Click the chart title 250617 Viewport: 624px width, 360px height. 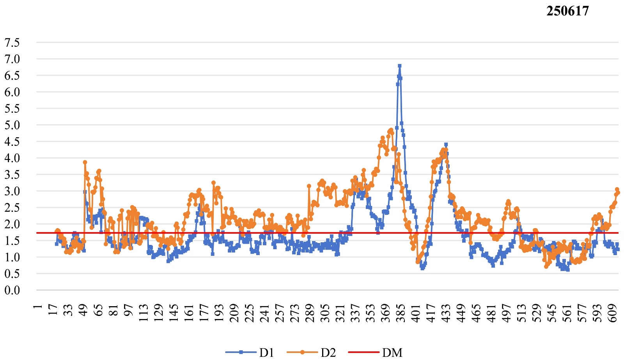567,11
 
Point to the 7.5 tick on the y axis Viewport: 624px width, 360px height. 12,43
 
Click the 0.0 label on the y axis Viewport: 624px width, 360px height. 12,290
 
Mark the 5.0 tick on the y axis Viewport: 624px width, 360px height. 12,125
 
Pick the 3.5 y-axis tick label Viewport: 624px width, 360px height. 12,175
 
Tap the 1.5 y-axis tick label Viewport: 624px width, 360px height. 12,241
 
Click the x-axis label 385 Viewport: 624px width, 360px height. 401,313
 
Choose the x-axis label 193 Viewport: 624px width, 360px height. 219,313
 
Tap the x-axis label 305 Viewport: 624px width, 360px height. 325,313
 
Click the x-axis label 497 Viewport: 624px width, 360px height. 507,313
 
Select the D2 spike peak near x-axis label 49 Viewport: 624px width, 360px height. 85,162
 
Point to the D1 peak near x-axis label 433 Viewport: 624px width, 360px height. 446,145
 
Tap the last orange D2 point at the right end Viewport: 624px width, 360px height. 618,193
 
